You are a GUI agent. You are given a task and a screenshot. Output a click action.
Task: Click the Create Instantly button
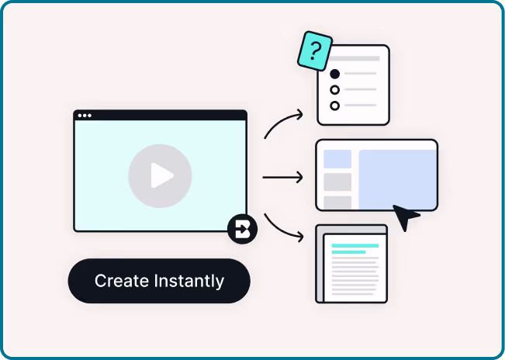(x=159, y=281)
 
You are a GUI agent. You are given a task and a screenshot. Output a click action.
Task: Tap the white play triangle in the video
(x=161, y=175)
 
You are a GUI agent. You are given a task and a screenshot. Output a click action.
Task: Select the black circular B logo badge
(x=242, y=229)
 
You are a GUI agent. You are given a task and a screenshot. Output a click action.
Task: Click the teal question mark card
(x=315, y=51)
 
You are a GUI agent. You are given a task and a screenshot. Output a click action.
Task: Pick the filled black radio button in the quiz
(x=335, y=74)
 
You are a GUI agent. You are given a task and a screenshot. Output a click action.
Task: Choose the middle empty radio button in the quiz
(x=335, y=90)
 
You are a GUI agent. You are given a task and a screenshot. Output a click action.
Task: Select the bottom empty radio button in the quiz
(x=335, y=106)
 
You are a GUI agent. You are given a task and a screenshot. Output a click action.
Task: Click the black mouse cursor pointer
(x=404, y=216)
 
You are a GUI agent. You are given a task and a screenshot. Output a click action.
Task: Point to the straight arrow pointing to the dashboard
(x=283, y=178)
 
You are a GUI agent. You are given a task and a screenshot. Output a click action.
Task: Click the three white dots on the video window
(x=85, y=116)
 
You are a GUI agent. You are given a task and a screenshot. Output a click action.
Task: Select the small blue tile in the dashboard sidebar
(x=337, y=159)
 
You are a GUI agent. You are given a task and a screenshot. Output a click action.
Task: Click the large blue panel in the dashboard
(x=398, y=179)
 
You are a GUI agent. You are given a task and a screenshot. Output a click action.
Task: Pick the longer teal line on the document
(x=355, y=246)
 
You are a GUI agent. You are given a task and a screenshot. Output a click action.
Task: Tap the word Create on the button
(x=122, y=281)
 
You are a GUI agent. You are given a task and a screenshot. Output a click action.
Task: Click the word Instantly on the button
(x=189, y=282)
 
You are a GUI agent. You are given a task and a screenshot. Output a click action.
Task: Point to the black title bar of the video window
(x=161, y=116)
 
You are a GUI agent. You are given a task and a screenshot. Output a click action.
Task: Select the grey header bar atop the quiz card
(x=355, y=59)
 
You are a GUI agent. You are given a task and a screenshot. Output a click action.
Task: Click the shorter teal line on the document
(x=349, y=252)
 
